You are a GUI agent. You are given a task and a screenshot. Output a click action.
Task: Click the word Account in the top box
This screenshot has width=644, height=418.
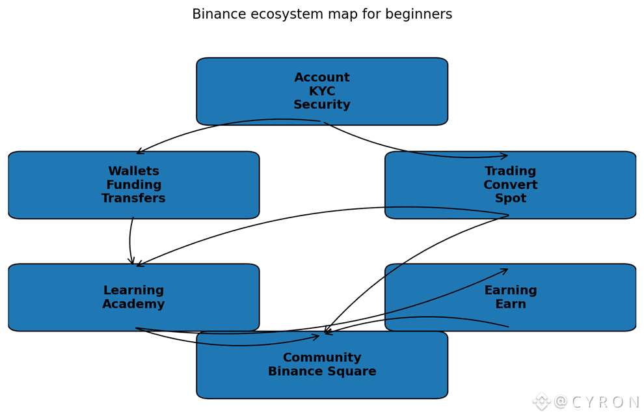point(321,78)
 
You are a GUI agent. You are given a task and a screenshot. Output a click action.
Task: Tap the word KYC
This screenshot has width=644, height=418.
point(321,92)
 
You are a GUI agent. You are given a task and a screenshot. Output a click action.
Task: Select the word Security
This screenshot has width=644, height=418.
point(321,105)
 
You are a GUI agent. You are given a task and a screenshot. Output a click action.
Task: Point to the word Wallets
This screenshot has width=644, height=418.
point(133,171)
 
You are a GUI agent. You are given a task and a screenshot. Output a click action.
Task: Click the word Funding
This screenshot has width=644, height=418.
point(133,185)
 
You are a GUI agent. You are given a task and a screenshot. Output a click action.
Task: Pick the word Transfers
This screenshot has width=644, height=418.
point(133,199)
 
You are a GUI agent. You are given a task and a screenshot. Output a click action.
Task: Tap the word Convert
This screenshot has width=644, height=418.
point(510,185)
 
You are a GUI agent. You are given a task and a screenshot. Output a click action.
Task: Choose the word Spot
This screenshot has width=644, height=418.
point(510,199)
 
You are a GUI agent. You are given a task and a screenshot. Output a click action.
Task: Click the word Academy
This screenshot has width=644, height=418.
point(133,304)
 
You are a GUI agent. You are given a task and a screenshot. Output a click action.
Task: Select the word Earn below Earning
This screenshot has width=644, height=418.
point(510,304)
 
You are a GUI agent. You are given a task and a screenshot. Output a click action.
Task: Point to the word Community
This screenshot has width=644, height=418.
point(321,358)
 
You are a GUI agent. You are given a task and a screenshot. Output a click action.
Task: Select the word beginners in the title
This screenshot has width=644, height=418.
point(420,14)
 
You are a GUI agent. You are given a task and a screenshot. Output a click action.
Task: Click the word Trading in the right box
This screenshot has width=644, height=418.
point(510,171)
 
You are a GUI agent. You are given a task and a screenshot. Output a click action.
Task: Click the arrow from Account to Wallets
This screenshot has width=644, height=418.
point(215,127)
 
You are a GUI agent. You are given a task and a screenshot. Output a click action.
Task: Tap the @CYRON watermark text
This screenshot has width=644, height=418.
point(597,402)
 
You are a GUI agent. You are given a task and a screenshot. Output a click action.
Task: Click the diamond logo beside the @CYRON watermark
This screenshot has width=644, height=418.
point(541,402)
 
